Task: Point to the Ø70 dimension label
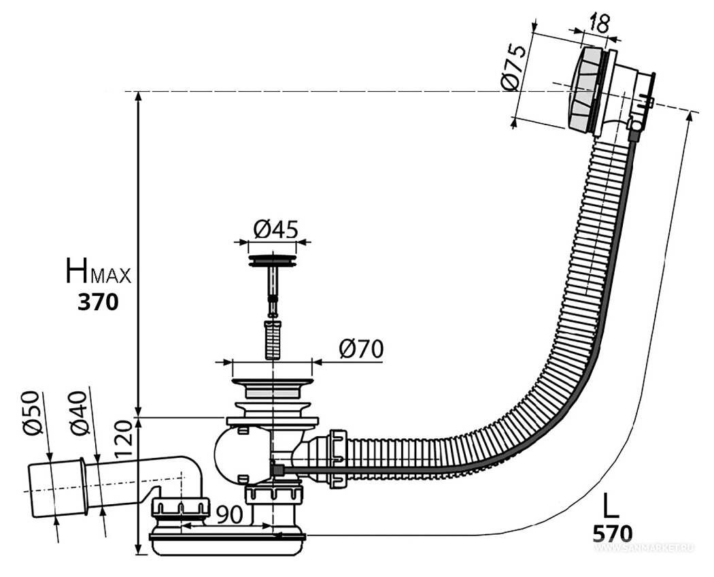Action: coord(361,349)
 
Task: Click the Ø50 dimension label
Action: coord(33,413)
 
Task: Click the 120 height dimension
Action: coord(123,439)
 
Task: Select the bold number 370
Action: coord(98,301)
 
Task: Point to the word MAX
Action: coord(112,276)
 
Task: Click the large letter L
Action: coord(611,505)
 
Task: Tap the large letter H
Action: coord(78,270)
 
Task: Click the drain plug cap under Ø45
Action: coord(272,261)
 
